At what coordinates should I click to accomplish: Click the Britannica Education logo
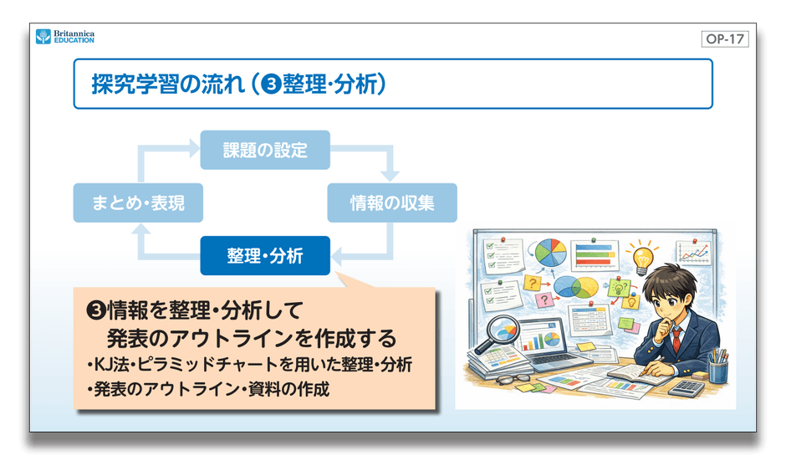(x=64, y=37)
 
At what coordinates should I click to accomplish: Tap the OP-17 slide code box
(x=724, y=38)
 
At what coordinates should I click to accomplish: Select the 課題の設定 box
(x=265, y=151)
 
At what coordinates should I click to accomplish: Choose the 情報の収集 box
(x=391, y=202)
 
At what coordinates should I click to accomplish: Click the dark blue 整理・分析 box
(x=265, y=256)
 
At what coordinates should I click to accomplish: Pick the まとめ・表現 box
(x=138, y=202)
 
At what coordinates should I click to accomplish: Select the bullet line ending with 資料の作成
(x=208, y=388)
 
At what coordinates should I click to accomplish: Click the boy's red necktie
(x=678, y=339)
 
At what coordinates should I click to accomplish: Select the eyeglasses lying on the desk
(x=505, y=381)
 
